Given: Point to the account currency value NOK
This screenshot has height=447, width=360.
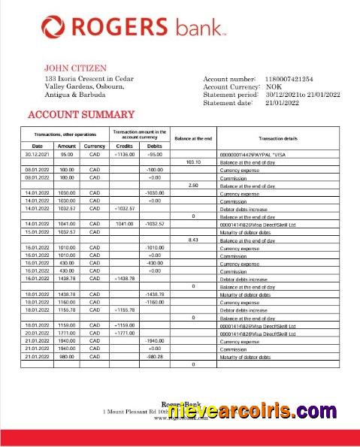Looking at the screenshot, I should tap(274, 86).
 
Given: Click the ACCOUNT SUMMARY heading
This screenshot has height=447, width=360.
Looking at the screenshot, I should tap(80, 115).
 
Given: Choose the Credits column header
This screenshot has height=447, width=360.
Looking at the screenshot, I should tap(124, 146).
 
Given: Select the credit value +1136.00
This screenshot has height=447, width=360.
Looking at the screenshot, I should tap(124, 154).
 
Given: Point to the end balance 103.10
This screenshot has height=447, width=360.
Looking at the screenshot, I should tap(193, 162).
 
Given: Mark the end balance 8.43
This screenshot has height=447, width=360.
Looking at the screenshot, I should tap(193, 239).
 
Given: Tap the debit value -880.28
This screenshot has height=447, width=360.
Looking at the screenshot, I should tap(155, 356).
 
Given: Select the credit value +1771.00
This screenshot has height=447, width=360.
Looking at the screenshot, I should tap(124, 333).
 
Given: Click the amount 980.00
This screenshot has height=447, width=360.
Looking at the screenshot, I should tap(67, 356).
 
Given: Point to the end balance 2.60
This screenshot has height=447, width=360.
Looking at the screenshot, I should tap(193, 185).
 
